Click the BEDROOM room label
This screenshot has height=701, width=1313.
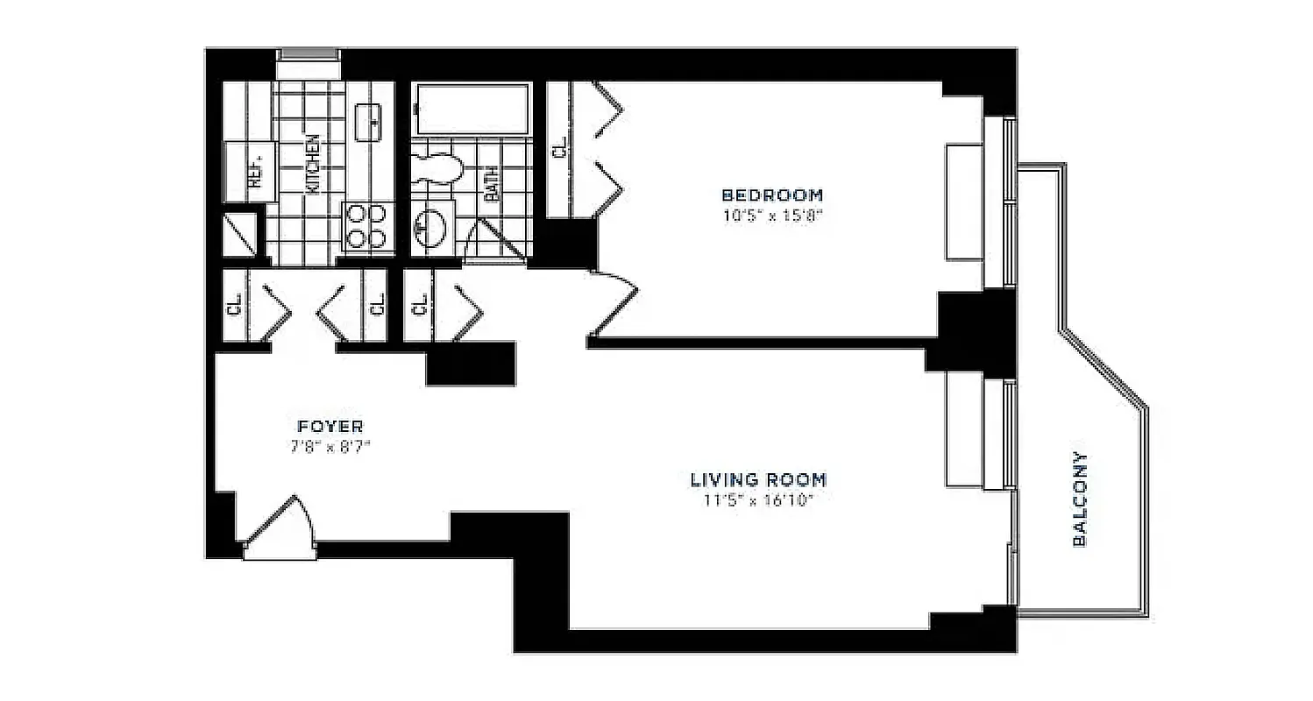point(771,195)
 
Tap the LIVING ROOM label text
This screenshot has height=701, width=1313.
point(758,479)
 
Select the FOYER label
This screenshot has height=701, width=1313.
point(330,427)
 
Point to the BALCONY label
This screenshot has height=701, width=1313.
point(1080,499)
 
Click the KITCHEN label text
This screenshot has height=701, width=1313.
point(311,163)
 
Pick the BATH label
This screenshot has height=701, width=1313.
point(491,184)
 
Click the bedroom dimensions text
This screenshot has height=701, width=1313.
point(771,215)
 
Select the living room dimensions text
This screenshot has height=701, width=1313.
point(758,500)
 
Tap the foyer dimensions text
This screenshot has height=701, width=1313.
point(330,446)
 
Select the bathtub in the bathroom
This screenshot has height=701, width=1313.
point(472,109)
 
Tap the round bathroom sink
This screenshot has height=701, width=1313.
point(429,227)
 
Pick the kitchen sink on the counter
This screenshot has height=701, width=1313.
point(369,120)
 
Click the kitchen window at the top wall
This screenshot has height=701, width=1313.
point(308,55)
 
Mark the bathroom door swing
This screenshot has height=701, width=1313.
point(493,241)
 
